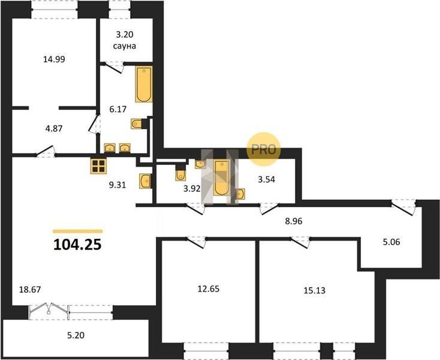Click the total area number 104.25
pyautogui.click(x=77, y=245)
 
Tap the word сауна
pyautogui.click(x=125, y=46)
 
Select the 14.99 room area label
pyautogui.click(x=54, y=59)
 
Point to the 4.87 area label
pyautogui.click(x=54, y=128)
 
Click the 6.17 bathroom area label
pyautogui.click(x=118, y=109)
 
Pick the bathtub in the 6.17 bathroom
pyautogui.click(x=144, y=84)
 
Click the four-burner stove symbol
pyautogui.click(x=98, y=166)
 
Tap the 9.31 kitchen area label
pyautogui.click(x=117, y=185)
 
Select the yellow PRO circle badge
pyautogui.click(x=264, y=149)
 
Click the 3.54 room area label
pyautogui.click(x=267, y=179)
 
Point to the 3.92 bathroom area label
pyautogui.click(x=192, y=189)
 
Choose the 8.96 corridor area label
pyautogui.click(x=294, y=221)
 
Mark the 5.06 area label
pyautogui.click(x=391, y=242)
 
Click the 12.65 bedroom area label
pyautogui.click(x=209, y=289)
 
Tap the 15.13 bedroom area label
pyautogui.click(x=315, y=290)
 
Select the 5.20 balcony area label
pyautogui.click(x=76, y=335)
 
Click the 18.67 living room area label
pyautogui.click(x=30, y=290)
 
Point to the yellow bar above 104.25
pyautogui.click(x=78, y=232)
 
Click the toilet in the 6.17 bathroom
pyautogui.click(x=137, y=124)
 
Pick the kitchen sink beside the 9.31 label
pyautogui.click(x=145, y=181)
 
